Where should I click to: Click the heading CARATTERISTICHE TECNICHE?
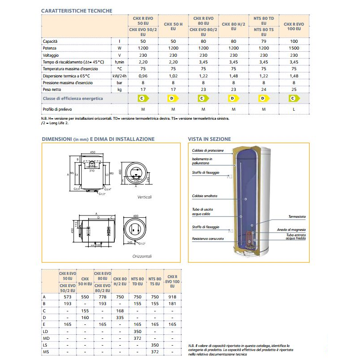click(76, 10)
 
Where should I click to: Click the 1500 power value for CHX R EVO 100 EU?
click(294, 48)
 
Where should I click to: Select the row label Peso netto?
click(55, 89)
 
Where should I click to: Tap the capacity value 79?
click(264, 41)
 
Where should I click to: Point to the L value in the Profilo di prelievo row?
click(294, 109)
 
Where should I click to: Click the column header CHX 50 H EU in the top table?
click(173, 26)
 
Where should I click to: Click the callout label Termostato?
click(297, 216)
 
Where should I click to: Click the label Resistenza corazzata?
click(207, 238)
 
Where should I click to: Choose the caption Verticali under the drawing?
click(144, 197)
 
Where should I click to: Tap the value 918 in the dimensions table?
click(171, 297)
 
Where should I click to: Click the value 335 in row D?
click(120, 317)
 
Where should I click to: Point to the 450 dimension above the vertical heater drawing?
click(92, 152)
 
